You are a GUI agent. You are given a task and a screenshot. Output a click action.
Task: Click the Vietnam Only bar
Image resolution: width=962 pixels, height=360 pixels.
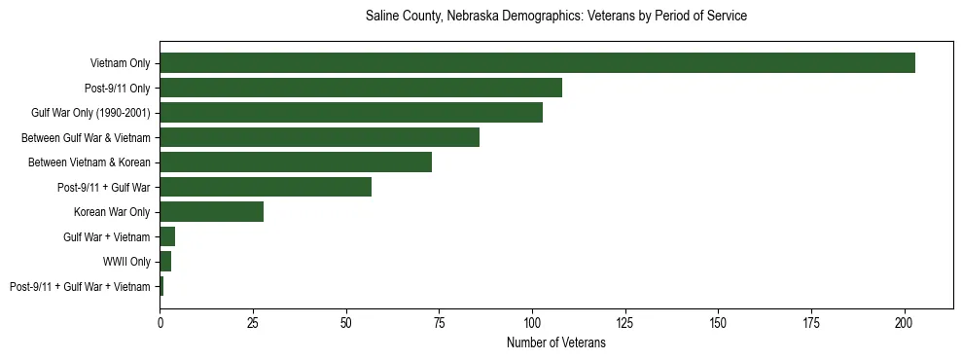(537, 63)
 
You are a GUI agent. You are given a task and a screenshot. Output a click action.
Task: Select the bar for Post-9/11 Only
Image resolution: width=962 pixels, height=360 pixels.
(361, 88)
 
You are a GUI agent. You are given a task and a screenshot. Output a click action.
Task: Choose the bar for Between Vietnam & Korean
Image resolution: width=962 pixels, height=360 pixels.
(296, 162)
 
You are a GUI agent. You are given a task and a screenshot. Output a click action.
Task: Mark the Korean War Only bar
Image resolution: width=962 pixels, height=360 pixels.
(211, 212)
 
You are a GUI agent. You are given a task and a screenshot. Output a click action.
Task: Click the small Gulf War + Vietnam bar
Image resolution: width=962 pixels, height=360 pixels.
(167, 236)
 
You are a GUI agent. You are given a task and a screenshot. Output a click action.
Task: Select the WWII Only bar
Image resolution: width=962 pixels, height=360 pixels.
(165, 262)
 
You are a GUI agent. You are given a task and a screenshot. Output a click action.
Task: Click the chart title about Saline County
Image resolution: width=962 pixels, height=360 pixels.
(555, 17)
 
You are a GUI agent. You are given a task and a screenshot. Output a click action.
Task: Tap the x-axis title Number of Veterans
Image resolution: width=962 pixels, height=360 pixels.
(555, 342)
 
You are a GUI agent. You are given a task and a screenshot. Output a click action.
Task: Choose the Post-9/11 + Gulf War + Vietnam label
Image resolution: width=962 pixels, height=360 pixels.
(80, 287)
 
